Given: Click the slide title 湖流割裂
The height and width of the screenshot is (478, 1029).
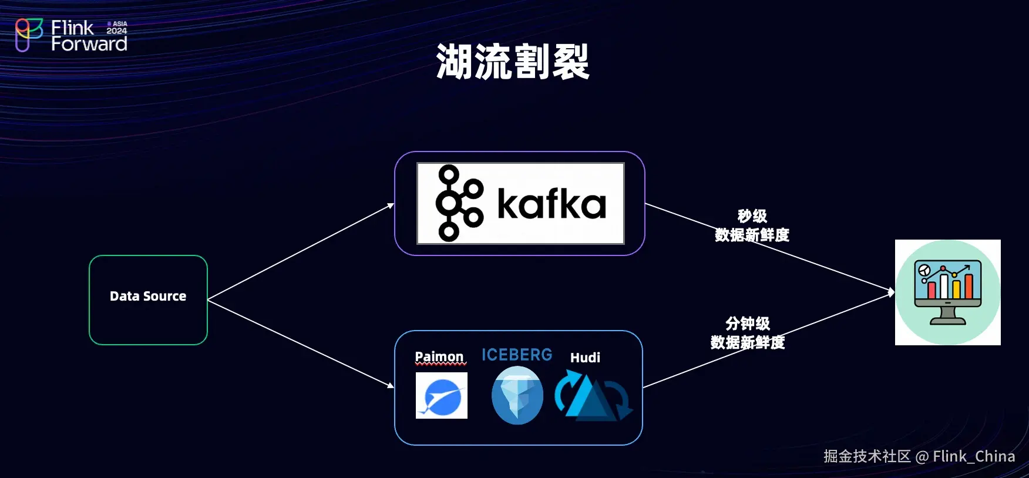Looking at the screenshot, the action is pyautogui.click(x=513, y=62).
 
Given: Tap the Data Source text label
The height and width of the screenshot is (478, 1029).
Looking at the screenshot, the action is pyautogui.click(x=148, y=296).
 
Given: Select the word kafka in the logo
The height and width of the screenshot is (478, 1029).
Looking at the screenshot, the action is pyautogui.click(x=552, y=204).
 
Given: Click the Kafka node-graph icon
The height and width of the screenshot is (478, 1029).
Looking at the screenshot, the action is pyautogui.click(x=459, y=203).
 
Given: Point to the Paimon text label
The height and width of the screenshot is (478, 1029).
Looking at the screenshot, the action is pyautogui.click(x=439, y=356).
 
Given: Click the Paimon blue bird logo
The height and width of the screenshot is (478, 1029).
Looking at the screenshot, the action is pyautogui.click(x=442, y=396).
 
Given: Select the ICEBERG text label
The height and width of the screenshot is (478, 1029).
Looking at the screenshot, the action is pyautogui.click(x=517, y=355).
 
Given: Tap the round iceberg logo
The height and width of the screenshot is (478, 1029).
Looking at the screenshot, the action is pyautogui.click(x=517, y=395).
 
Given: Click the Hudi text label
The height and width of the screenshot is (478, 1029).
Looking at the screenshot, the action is pyautogui.click(x=585, y=358).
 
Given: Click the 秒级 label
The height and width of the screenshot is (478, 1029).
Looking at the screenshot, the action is pyautogui.click(x=752, y=216).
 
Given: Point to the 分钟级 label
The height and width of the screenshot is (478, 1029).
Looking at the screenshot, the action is pyautogui.click(x=747, y=323).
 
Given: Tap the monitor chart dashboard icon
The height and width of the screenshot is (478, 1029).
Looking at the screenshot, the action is pyautogui.click(x=947, y=292).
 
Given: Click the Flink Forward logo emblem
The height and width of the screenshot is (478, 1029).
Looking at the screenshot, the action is pyautogui.click(x=29, y=35).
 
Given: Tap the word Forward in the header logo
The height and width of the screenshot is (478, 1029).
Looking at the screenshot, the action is pyautogui.click(x=89, y=44).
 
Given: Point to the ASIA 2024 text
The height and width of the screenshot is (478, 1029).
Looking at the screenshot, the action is pyautogui.click(x=117, y=28).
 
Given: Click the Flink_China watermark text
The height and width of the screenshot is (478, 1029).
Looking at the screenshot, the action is pyautogui.click(x=973, y=456).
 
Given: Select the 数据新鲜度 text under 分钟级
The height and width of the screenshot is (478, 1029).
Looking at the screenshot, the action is pyautogui.click(x=747, y=342).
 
